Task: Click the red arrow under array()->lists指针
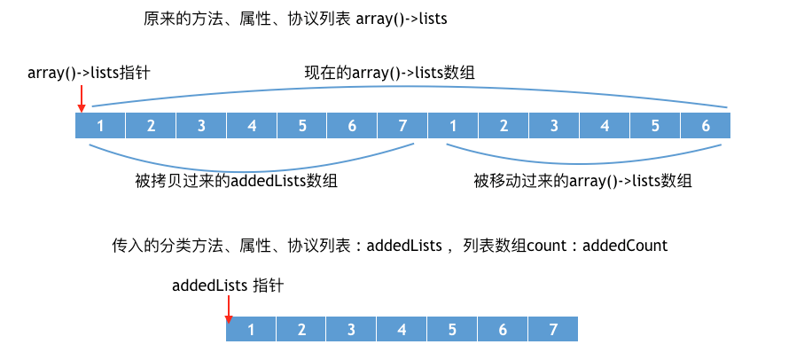[81, 98]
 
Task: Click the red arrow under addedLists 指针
[228, 309]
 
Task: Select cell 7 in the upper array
[402, 126]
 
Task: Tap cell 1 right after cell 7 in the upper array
[453, 126]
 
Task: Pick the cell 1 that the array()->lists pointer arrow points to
[100, 126]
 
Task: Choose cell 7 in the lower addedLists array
[553, 330]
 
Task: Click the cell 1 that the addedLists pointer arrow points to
[251, 330]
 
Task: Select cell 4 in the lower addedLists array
[402, 330]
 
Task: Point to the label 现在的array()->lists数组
[389, 73]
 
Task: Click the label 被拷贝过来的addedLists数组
[236, 181]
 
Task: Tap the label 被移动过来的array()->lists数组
[582, 181]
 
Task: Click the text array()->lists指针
[89, 73]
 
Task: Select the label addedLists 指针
[228, 286]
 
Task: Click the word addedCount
[625, 245]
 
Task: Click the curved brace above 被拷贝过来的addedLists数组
[251, 170]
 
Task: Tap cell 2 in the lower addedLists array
[301, 330]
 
